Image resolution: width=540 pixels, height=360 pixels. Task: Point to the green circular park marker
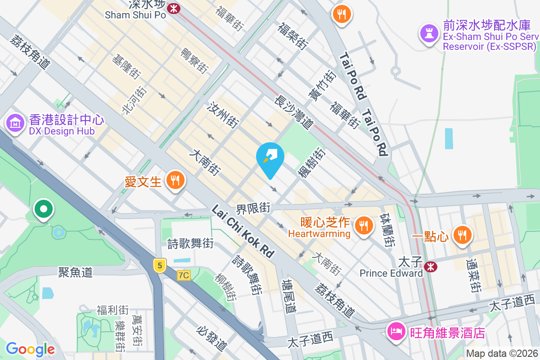tap(43, 209)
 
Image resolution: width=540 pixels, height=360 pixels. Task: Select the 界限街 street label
tap(253, 208)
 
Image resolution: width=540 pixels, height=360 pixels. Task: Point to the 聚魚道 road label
tap(75, 272)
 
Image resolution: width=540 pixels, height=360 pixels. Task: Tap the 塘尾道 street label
tap(288, 296)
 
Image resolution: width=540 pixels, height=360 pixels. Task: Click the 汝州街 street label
tap(222, 115)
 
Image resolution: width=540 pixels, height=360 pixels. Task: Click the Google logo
tap(30, 349)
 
